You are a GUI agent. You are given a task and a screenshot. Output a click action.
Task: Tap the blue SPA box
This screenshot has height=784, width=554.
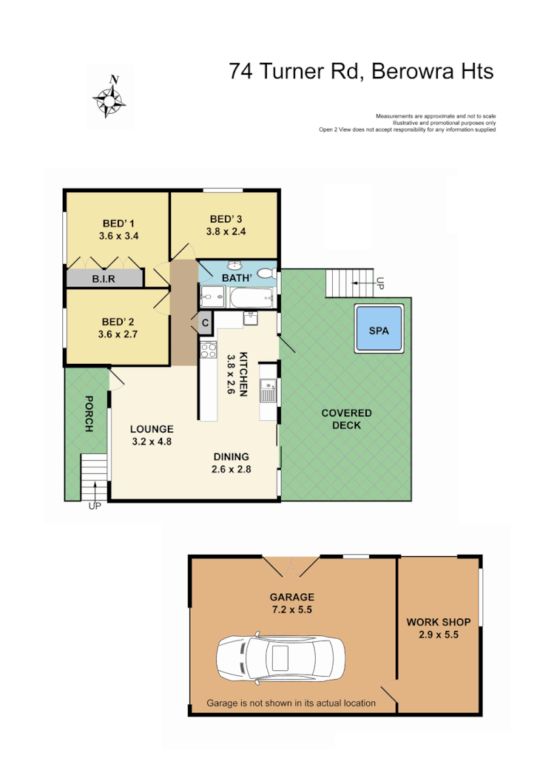coord(379,331)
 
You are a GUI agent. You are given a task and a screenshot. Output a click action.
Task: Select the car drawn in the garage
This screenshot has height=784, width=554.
coord(280,656)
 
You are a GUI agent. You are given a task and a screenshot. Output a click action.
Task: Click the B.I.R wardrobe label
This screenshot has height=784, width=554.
coord(104,280)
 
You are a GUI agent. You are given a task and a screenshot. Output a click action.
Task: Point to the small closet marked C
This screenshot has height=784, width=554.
coord(204,322)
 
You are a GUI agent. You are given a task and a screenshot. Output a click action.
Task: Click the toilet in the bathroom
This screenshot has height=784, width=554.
coord(268,274)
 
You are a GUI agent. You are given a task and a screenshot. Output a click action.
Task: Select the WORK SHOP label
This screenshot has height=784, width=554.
coord(438,622)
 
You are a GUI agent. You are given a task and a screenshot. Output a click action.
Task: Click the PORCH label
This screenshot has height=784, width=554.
coord(88,414)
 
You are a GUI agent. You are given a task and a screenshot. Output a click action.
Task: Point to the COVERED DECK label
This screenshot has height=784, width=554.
coord(346,419)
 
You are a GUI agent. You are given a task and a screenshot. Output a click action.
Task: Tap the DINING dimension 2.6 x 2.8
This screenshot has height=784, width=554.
coord(231,469)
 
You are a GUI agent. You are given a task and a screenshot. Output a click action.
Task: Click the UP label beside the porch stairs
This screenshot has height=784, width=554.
coord(94,506)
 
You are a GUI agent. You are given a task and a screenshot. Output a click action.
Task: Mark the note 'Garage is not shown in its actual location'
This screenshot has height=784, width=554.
coord(291,703)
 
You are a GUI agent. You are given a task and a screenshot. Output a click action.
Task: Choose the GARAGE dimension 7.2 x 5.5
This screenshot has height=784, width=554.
coord(291,610)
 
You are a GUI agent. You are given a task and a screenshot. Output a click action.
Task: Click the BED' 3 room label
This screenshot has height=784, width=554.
coord(226,218)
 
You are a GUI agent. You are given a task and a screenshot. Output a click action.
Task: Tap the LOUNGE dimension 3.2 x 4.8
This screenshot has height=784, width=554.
coord(151,442)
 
